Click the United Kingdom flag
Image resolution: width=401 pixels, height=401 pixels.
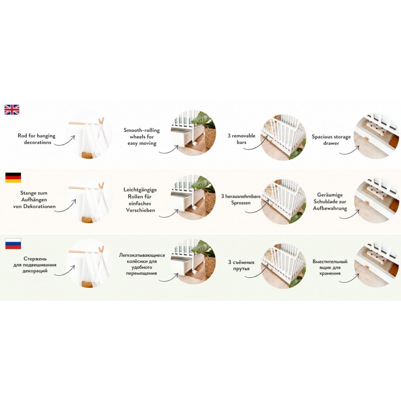coord(12,109)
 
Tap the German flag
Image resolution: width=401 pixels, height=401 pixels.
coord(13,177)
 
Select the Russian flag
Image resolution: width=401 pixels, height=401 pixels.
coord(13,244)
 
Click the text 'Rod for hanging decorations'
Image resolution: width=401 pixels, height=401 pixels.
coord(37,139)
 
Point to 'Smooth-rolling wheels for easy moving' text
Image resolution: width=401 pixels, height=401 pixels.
coord(142,136)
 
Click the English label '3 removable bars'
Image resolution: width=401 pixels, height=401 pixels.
coord(242,139)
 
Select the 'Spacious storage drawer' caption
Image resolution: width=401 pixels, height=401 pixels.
coord(331,140)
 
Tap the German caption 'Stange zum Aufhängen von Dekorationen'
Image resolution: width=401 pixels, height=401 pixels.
coord(34,199)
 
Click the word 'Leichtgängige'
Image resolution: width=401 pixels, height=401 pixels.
coord(140,190)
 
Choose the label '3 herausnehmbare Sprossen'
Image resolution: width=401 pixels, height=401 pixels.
coord(241,199)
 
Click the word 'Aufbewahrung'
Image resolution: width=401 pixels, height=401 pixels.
coord(330,209)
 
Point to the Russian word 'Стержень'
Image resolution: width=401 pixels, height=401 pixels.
coord(35,259)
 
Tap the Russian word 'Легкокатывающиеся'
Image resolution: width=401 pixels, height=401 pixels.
coord(142,255)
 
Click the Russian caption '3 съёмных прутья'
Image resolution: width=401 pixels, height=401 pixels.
coord(241,265)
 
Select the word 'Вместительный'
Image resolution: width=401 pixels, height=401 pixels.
coord(330,261)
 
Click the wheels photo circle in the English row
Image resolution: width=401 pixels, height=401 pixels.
coord(193,133)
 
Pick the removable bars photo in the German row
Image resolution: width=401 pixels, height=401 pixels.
coord(284,202)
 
